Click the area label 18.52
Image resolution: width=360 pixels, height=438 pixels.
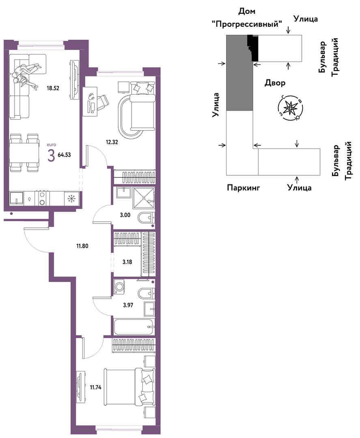coord(53,88)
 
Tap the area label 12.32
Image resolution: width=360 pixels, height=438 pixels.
coord(112,142)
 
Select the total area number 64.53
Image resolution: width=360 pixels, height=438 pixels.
coord(64,155)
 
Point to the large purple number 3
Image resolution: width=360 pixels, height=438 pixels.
coord(51,155)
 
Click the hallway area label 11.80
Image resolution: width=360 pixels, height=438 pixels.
coord(82,246)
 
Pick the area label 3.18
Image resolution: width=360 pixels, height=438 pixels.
coord(127,262)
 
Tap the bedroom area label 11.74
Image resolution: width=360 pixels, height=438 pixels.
coord(95,387)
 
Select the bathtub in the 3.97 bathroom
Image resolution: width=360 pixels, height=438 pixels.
coord(134,326)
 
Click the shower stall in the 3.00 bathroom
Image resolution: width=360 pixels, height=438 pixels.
coord(144,198)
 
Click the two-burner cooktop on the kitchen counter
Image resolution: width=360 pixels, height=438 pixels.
coord(42,198)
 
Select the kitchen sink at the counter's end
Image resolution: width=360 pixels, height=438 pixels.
coord(17,199)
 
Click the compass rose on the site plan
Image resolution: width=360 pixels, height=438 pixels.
coord(291,108)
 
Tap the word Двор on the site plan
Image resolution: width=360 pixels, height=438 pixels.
coord(275,83)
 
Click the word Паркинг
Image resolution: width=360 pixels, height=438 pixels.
coord(243,188)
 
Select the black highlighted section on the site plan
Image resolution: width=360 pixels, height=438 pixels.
coord(253,47)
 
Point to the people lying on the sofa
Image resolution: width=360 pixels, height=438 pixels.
coord(25,76)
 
